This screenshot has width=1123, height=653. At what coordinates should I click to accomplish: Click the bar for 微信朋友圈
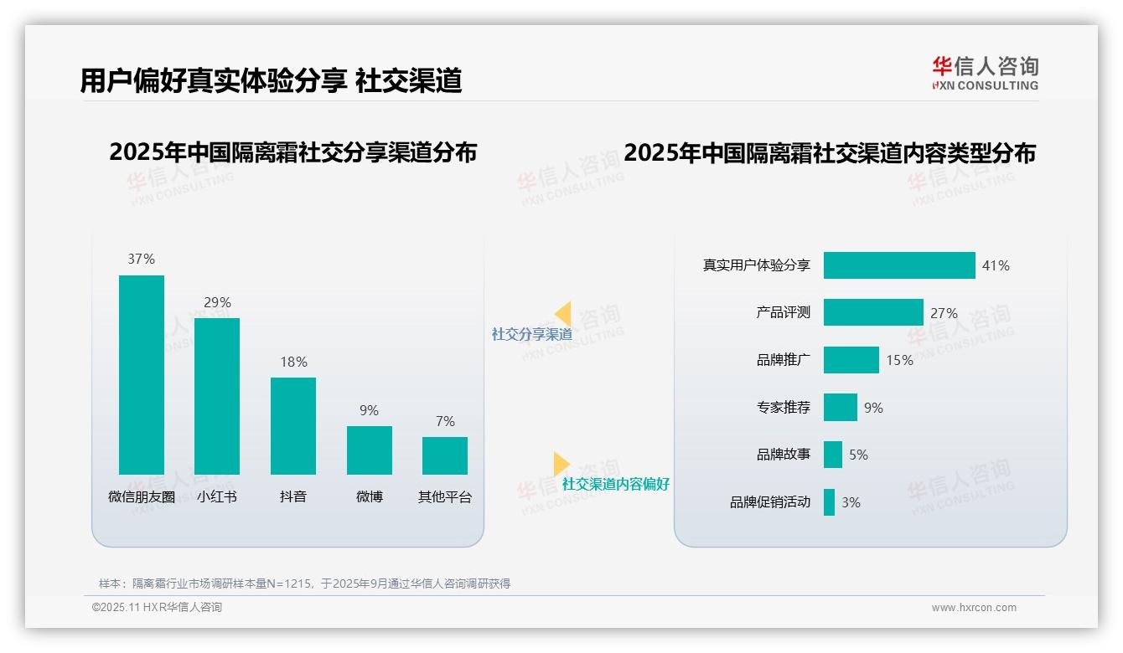pos(142,374)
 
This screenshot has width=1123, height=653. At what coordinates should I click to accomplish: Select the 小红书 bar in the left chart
pos(217,396)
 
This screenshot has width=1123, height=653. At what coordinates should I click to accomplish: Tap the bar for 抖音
pos(293,425)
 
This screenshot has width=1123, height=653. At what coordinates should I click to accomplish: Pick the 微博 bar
pos(370,450)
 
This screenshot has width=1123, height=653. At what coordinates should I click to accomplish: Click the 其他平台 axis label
pos(445,496)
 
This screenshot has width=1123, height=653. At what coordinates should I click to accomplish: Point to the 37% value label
pos(142,259)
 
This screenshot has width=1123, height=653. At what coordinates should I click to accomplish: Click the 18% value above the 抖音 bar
pos(293,362)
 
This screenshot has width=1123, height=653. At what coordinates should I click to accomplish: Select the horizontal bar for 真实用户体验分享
pos(899,265)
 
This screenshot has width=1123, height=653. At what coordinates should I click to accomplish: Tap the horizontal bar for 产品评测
pos(873,312)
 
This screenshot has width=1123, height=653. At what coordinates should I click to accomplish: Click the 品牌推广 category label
pos(784,360)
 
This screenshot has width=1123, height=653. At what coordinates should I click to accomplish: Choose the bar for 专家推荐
pos(841,408)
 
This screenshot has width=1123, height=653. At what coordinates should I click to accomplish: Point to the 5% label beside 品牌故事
pos(858,455)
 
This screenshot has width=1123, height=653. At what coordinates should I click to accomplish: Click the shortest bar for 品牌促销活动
pos(829,502)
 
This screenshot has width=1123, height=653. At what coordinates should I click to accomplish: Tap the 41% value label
pos(996,265)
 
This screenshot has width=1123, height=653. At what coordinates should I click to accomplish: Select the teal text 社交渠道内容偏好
pos(616,484)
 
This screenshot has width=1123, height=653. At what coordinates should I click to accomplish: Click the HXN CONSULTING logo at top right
pos(985,74)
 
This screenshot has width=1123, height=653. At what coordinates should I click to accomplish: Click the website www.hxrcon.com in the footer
pos(974,608)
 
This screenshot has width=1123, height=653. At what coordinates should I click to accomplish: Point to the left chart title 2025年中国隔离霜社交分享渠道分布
pos(293,152)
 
